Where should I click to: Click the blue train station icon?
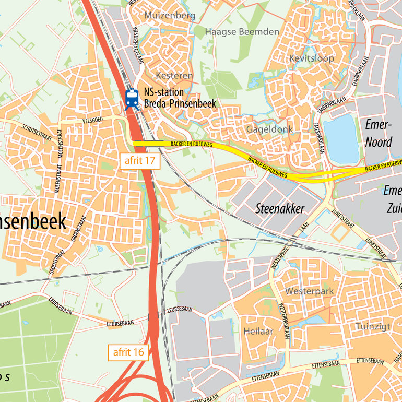(x=132, y=98)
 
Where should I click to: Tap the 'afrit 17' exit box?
(x=139, y=161)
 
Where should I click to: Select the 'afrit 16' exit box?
(x=128, y=352)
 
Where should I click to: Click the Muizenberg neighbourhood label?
(x=170, y=15)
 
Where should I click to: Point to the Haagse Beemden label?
(x=242, y=32)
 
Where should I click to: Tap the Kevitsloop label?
(x=311, y=58)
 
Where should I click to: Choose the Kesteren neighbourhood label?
(x=175, y=76)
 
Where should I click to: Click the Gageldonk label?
(x=270, y=129)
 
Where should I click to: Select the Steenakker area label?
(x=280, y=209)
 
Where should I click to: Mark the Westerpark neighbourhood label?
(x=309, y=291)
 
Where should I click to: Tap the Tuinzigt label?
(x=373, y=326)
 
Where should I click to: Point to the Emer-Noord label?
(x=378, y=133)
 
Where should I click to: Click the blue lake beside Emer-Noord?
(x=341, y=139)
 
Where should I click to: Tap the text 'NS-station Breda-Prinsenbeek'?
(x=180, y=98)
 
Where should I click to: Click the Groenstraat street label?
(x=77, y=235)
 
